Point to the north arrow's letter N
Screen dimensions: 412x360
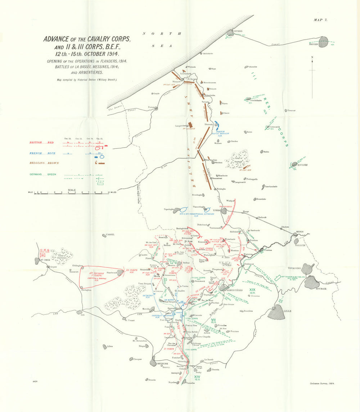click(312, 57)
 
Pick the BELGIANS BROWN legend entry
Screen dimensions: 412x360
click(43, 163)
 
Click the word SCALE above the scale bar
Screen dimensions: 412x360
click(72, 190)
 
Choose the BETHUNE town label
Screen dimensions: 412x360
click(163, 364)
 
